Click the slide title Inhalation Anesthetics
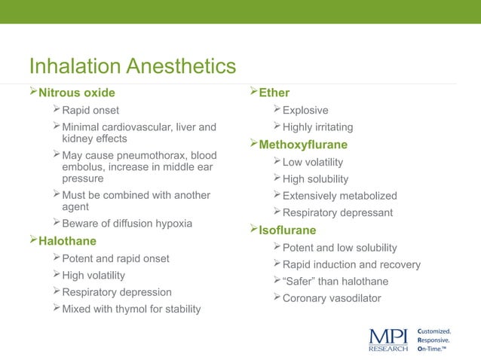[132, 67]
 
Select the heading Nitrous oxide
[77, 93]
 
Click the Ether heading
[274, 93]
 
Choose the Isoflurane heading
[287, 230]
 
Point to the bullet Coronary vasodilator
[332, 298]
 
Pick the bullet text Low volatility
[312, 162]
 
